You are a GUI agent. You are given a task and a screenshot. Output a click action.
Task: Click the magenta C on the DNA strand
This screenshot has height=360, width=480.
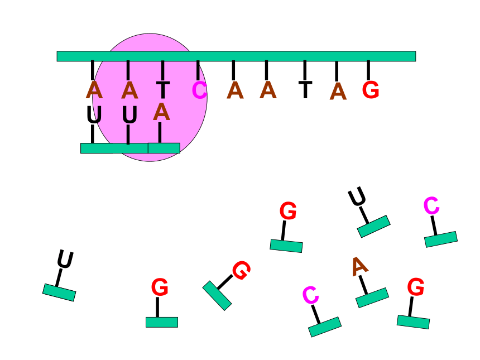click(x=199, y=90)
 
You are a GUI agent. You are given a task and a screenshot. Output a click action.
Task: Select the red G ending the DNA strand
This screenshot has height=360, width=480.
click(x=371, y=90)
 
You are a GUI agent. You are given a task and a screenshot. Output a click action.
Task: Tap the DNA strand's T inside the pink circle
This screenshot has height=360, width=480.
click(x=162, y=90)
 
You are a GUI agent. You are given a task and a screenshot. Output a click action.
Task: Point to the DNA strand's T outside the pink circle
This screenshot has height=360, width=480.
click(x=305, y=90)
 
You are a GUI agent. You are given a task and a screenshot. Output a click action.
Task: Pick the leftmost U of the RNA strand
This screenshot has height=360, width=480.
click(x=94, y=115)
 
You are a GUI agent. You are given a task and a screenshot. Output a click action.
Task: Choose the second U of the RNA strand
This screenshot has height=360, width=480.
click(x=129, y=115)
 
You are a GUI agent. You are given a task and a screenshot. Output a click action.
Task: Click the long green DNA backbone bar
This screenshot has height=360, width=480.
click(x=236, y=56)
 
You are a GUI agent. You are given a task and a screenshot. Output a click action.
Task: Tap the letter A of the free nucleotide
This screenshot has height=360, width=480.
click(x=359, y=266)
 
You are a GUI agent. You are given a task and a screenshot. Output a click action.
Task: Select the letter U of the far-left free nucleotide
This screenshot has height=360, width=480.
click(x=65, y=260)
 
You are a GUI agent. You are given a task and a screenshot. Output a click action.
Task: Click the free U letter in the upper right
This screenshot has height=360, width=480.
click(x=357, y=196)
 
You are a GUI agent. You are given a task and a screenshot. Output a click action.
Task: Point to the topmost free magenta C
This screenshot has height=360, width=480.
click(x=431, y=206)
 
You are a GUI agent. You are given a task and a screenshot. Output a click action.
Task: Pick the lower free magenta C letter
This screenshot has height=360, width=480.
click(x=311, y=295)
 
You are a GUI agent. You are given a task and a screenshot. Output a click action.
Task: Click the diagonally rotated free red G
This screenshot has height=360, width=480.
click(x=242, y=270)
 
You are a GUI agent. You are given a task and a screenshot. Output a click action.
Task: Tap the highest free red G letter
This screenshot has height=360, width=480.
click(x=288, y=210)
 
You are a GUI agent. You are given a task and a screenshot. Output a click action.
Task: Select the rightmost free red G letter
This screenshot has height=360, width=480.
click(x=416, y=287)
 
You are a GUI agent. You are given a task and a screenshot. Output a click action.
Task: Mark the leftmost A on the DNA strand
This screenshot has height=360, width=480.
click(x=94, y=90)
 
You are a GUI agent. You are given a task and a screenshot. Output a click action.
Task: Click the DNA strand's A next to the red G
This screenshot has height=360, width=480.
click(x=338, y=91)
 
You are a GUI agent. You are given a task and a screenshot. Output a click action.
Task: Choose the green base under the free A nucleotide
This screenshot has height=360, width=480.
click(x=372, y=297)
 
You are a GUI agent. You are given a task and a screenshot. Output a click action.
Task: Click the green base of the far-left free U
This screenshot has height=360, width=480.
click(x=59, y=292)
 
